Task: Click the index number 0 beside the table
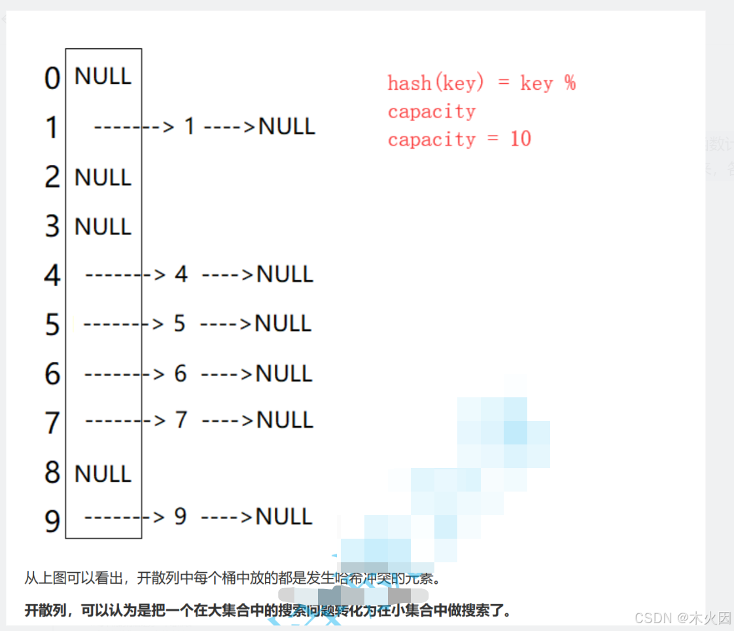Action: click(52, 79)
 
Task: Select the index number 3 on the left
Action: click(52, 226)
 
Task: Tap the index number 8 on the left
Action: click(52, 473)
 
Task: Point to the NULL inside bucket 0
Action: click(103, 76)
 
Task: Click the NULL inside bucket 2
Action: click(103, 177)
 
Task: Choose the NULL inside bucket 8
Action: click(103, 473)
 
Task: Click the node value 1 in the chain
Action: click(190, 126)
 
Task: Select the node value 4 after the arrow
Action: click(181, 274)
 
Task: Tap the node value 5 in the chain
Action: click(180, 323)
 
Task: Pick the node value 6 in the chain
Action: click(181, 374)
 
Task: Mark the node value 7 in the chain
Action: click(181, 420)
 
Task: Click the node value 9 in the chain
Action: click(181, 517)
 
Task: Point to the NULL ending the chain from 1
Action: click(287, 126)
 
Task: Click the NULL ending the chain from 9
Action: click(284, 517)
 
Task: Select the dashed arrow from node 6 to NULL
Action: click(226, 374)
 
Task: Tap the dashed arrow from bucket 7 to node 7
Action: click(126, 420)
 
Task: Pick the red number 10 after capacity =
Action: click(520, 139)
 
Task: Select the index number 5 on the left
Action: click(52, 325)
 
